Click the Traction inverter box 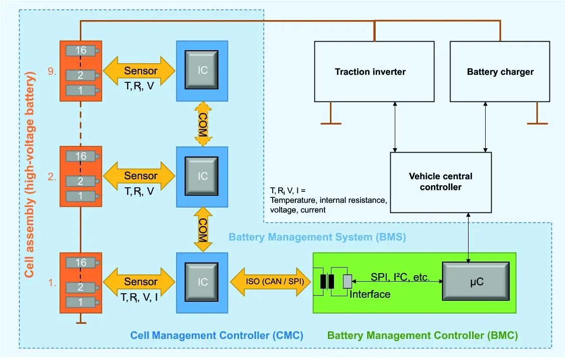point(374,71)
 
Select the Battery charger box point(500,71)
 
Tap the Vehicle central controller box point(440,182)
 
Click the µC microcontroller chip point(476,281)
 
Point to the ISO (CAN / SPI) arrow point(270,282)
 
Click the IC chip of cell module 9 point(202,70)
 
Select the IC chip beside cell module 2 point(202,176)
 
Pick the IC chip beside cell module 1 point(202,282)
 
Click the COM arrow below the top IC point(203,124)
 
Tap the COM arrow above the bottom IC point(203,229)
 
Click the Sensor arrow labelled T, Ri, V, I point(139,282)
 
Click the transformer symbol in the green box point(327,282)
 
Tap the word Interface point(370,294)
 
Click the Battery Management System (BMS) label point(317,237)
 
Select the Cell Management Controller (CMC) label point(216,335)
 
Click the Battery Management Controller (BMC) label point(422,335)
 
